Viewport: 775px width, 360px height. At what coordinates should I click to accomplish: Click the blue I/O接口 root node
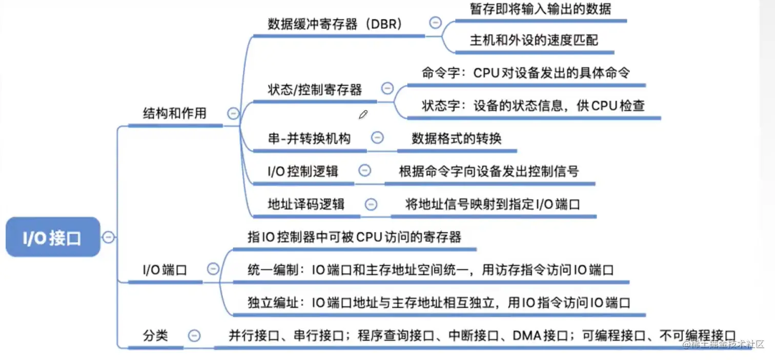click(52, 237)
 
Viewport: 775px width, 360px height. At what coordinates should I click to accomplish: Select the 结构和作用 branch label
click(174, 113)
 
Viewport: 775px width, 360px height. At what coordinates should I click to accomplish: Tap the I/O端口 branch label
click(165, 269)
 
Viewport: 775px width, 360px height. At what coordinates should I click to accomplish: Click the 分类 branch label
click(155, 336)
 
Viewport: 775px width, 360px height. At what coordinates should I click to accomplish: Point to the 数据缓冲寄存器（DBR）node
click(335, 24)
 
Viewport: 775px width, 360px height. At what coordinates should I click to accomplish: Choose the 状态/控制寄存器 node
click(315, 90)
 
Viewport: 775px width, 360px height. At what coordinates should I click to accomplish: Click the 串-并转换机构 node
click(309, 138)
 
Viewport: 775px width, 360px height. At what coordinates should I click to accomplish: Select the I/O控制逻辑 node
click(303, 171)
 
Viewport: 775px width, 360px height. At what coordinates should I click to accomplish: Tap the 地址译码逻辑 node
click(306, 204)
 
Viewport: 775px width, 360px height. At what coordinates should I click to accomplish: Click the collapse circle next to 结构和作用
click(233, 113)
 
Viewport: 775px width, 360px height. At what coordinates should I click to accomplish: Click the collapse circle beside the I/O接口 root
click(109, 237)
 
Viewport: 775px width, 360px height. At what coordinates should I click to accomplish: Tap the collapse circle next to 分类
click(194, 336)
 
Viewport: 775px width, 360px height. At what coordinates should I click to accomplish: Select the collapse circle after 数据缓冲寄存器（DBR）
click(435, 23)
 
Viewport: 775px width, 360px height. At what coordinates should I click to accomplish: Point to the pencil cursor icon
click(363, 114)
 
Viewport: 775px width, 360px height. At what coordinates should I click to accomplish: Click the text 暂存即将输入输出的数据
click(540, 9)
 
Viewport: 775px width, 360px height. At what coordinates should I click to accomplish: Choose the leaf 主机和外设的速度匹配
click(534, 40)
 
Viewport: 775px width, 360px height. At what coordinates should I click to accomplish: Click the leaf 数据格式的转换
click(456, 138)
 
